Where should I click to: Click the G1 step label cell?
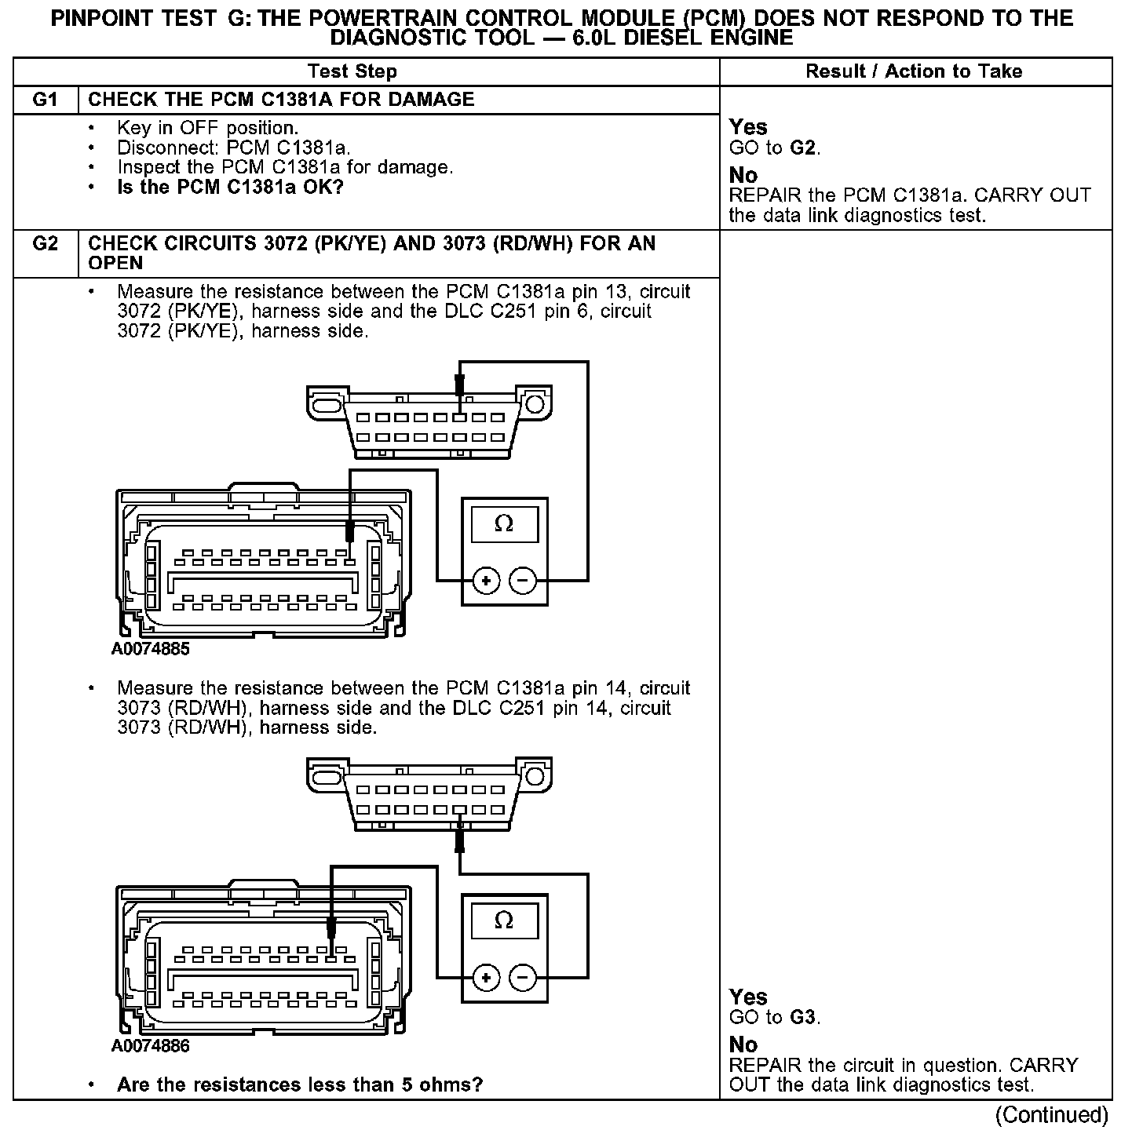coord(46,100)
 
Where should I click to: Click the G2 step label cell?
coord(46,244)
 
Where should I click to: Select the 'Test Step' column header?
coord(352,71)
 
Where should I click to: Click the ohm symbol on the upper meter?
coord(504,524)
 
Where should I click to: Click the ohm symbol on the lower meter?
coord(504,920)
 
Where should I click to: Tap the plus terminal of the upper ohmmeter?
coord(487,581)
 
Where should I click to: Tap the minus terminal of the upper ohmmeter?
coord(523,581)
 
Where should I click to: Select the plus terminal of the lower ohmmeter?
coord(487,978)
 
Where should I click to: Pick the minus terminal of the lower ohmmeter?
coord(523,978)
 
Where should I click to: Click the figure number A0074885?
coord(151,650)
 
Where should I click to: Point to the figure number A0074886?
coord(151,1046)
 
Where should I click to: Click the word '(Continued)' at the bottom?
coord(1051,1115)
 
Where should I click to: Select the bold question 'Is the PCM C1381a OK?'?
coord(230,188)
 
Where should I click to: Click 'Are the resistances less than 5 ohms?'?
coord(299,1085)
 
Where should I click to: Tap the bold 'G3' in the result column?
coord(804,1018)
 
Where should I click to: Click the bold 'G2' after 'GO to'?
coord(804,148)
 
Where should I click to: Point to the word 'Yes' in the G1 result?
coord(748,127)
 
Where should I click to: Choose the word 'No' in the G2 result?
coord(743,1044)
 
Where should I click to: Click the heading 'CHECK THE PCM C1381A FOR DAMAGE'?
coord(281,100)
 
